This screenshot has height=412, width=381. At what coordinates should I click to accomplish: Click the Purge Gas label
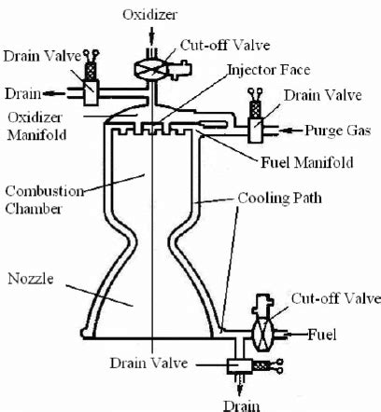(x=344, y=130)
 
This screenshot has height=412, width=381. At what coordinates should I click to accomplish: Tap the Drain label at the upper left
(x=22, y=93)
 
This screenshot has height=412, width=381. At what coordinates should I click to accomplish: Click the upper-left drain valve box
(x=92, y=91)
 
